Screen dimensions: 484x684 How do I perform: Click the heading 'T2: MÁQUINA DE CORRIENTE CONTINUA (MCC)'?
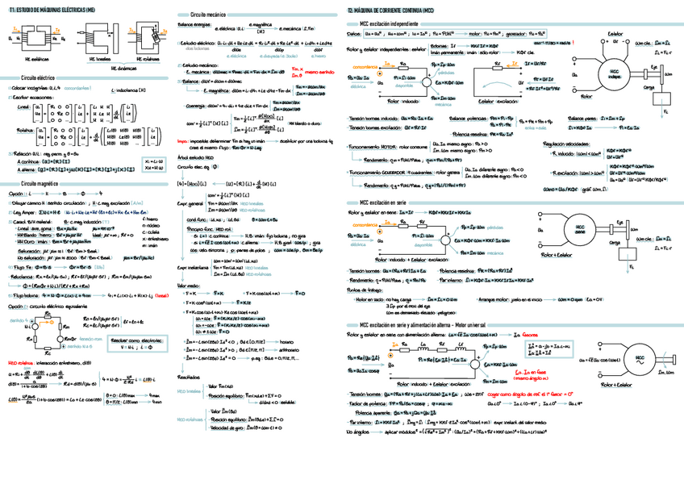tap(390, 7)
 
